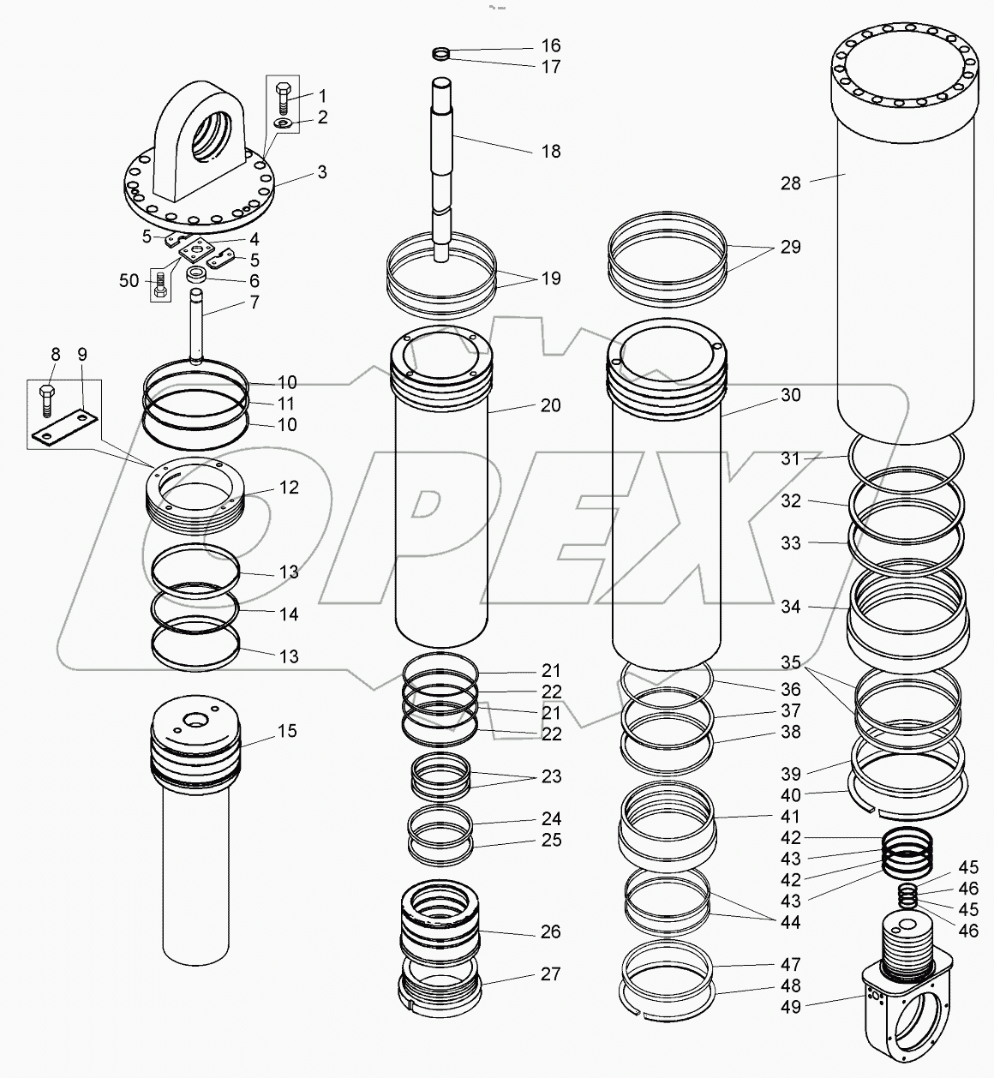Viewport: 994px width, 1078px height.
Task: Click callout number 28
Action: [x=791, y=183]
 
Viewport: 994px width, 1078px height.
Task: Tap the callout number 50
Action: [x=129, y=281]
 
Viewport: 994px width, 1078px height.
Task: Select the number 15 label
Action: [x=287, y=731]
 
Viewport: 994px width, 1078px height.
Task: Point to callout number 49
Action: [x=791, y=1008]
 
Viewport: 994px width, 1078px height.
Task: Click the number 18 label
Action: [x=551, y=152]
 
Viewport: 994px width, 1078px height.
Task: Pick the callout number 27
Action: [x=551, y=974]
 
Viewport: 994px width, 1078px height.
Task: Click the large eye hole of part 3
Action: [x=210, y=132]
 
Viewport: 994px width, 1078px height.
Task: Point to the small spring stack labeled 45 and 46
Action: [x=908, y=895]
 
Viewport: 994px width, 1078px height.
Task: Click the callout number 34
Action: [x=791, y=608]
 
